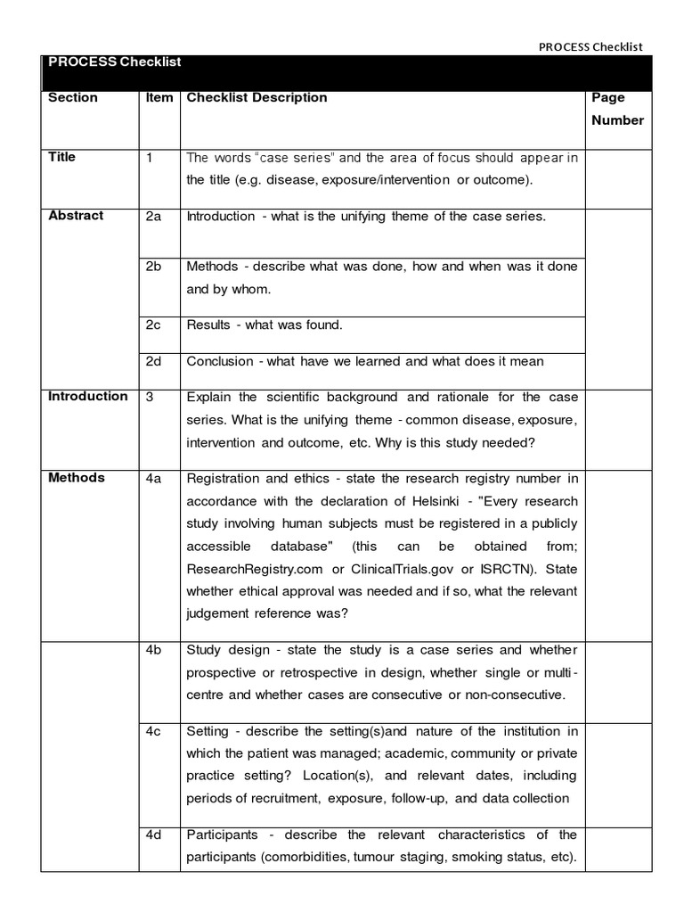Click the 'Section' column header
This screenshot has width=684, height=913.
point(73,98)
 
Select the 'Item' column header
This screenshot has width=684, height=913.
point(159,98)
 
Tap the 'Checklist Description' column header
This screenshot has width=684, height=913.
point(256,98)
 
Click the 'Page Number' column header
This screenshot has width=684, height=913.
point(616,109)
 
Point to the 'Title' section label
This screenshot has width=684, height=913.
point(62,157)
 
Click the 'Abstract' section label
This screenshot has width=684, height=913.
point(76,216)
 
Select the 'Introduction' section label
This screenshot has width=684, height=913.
point(88,397)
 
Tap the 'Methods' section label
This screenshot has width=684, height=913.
point(77,478)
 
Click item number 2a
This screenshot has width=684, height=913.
point(153,216)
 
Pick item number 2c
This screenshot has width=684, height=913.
point(153,325)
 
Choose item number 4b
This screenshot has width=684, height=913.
point(153,650)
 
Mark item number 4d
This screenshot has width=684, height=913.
point(153,835)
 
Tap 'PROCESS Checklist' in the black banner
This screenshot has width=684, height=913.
point(115,62)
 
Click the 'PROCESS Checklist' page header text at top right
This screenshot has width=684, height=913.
point(591,47)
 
